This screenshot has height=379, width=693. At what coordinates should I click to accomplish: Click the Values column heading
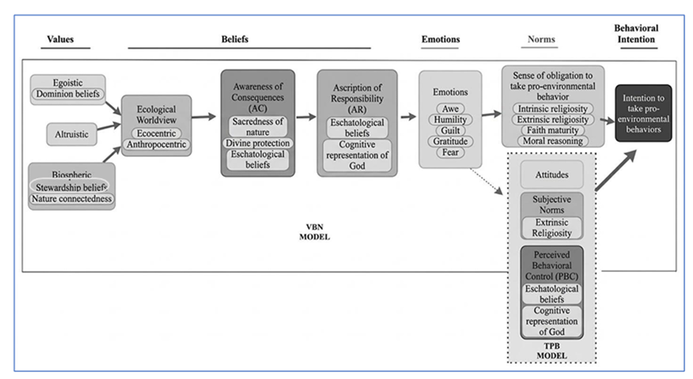coord(60,39)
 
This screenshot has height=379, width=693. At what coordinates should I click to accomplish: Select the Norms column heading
coord(541,39)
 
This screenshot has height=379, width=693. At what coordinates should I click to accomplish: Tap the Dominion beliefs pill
coord(68,94)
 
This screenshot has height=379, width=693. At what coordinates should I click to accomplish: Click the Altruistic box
coord(72,134)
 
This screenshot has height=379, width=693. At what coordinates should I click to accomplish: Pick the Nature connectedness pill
coord(72,199)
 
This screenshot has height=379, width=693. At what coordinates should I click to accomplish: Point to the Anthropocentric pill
coord(156,145)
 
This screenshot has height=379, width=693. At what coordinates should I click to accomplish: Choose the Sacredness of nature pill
coord(258,127)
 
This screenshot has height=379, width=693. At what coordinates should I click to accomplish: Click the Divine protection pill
coord(258,143)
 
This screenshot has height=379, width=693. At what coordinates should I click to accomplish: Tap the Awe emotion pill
coord(450,109)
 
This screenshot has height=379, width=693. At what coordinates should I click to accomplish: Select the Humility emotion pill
coord(450,120)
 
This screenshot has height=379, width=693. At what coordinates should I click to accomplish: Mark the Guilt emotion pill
coord(450,131)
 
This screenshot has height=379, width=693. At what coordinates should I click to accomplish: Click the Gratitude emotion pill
coord(450,142)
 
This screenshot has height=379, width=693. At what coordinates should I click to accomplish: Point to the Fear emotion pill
coord(450,153)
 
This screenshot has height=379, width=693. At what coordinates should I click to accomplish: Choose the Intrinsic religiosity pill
coord(553,109)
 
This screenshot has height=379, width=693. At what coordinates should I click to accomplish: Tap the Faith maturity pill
coord(553,131)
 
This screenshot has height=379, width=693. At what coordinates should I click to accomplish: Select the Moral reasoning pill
coord(553,141)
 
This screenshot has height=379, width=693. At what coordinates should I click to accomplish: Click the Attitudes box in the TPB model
coord(552,175)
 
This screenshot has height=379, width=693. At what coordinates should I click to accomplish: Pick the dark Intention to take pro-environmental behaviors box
coord(644,114)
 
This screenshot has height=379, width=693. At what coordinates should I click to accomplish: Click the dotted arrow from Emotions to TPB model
coord(486,181)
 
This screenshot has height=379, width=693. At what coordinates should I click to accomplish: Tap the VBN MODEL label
coord(315,232)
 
